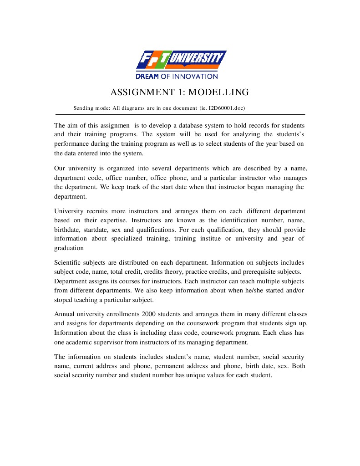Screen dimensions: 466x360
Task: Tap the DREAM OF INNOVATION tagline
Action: coord(177,77)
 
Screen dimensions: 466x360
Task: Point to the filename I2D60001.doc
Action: coord(226,108)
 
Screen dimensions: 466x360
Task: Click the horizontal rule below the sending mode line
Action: coord(180,114)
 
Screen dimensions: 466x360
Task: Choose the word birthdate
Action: coord(67,230)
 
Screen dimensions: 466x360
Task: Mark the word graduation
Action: coord(69,248)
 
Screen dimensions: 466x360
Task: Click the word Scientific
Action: coord(68,263)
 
